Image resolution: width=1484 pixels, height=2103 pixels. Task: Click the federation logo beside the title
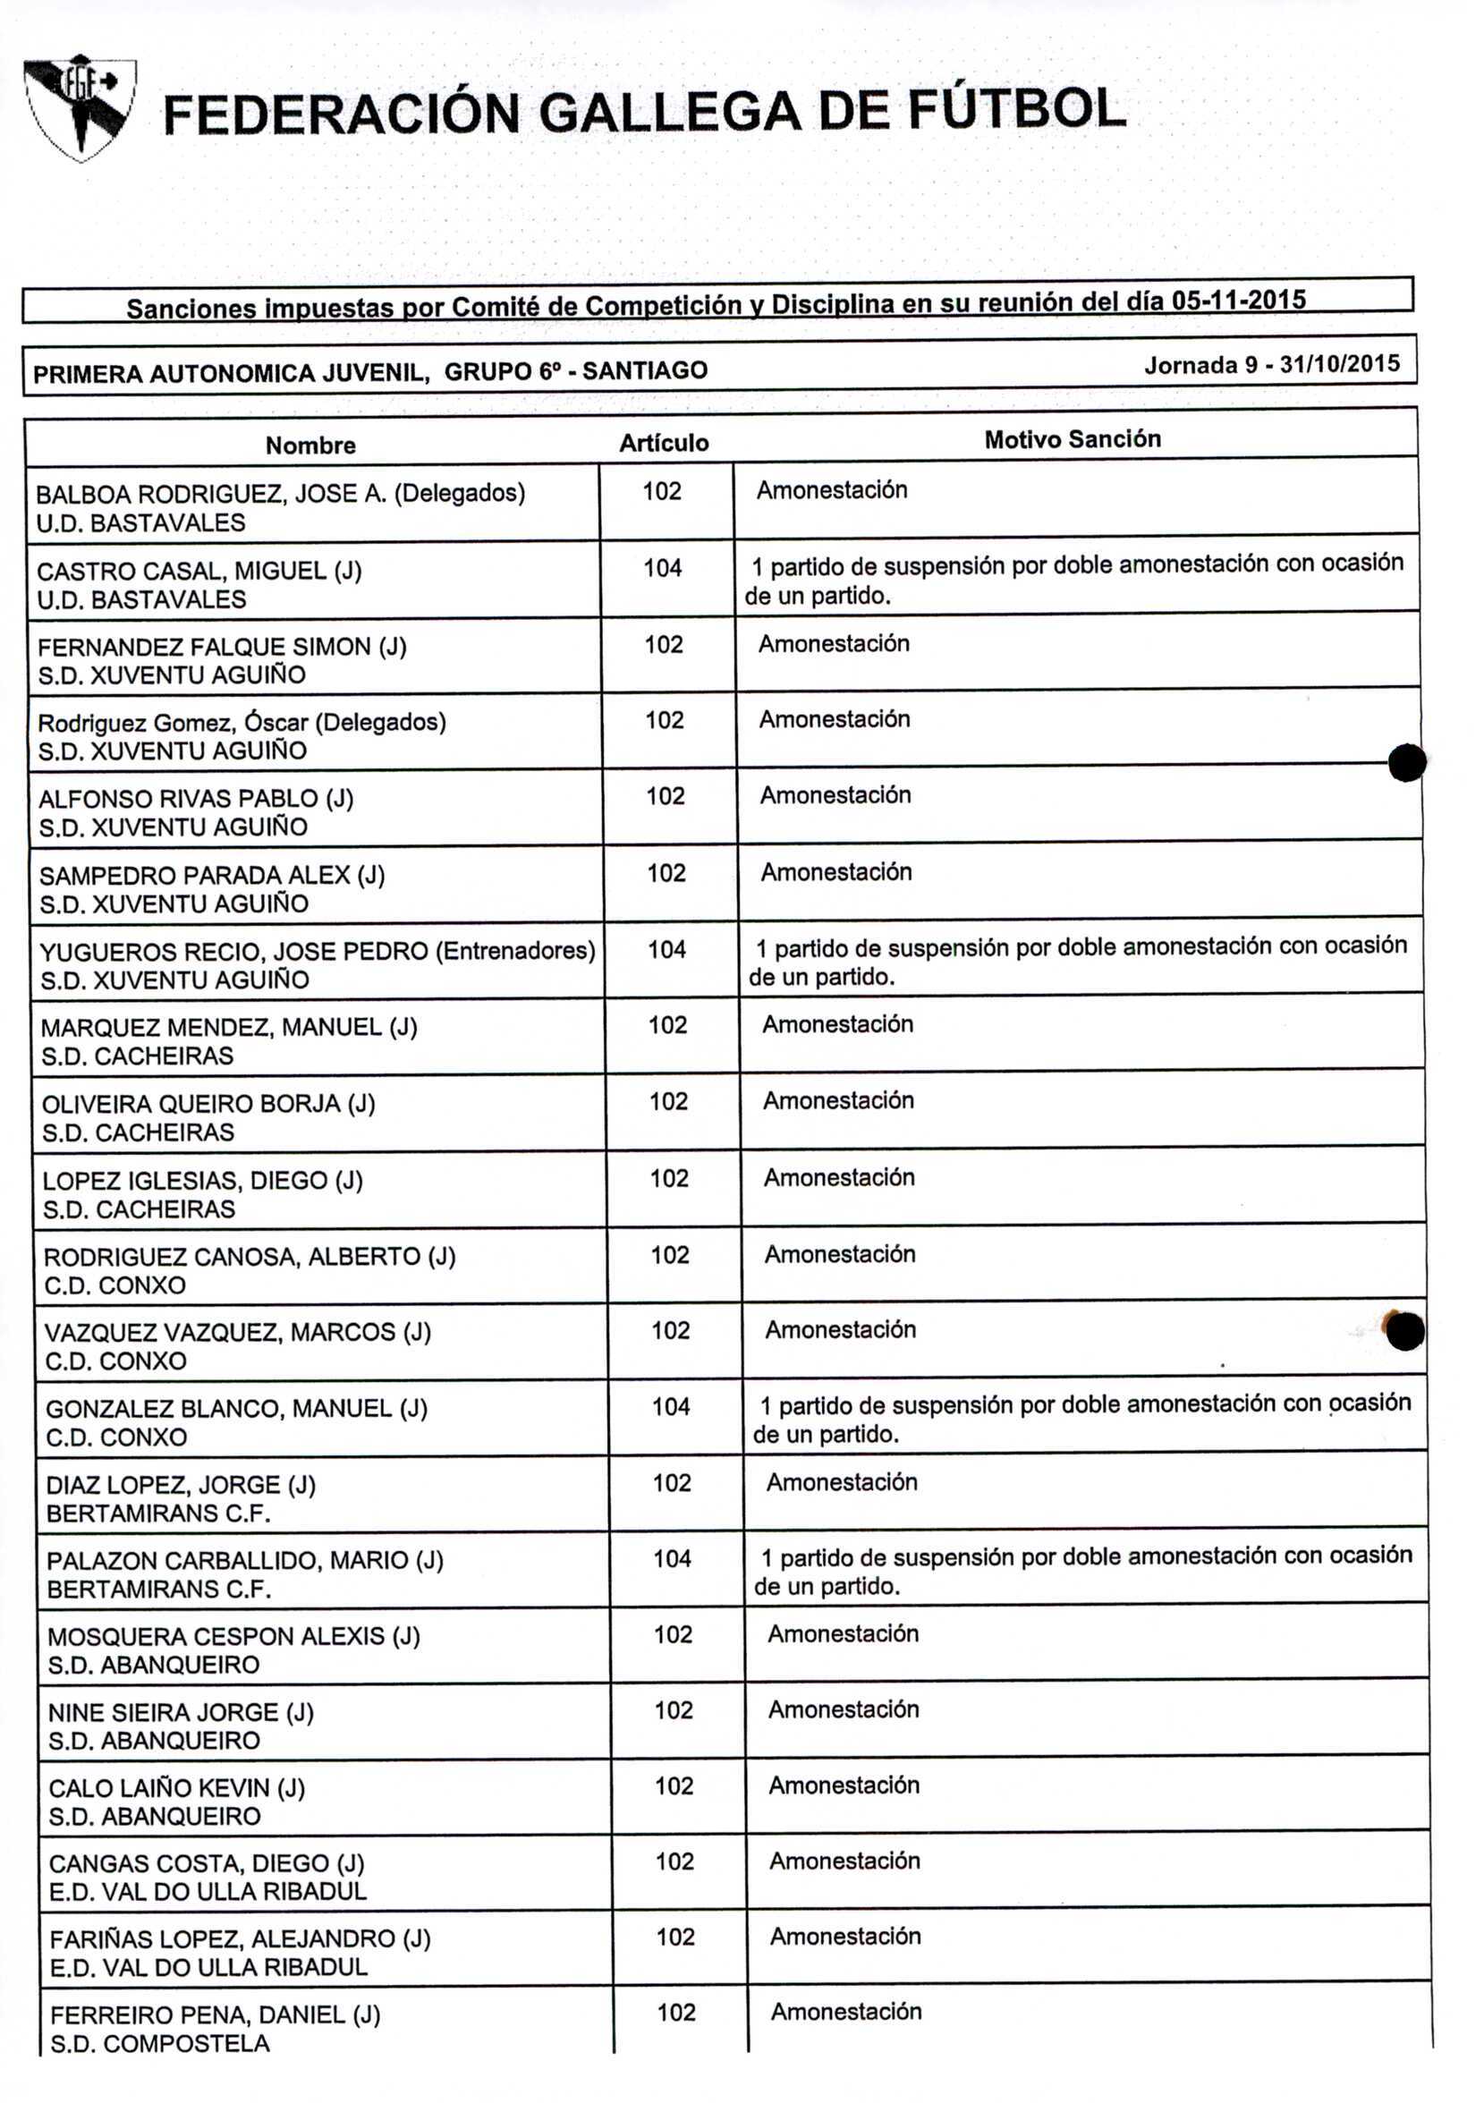pyautogui.click(x=81, y=108)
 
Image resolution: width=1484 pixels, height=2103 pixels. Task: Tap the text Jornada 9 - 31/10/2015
pyautogui.click(x=1271, y=365)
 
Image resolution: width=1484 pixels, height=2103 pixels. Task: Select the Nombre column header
pyautogui.click(x=310, y=445)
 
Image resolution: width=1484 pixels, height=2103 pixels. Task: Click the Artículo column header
pyautogui.click(x=663, y=444)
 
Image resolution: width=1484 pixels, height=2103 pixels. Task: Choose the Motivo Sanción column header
pyautogui.click(x=1072, y=439)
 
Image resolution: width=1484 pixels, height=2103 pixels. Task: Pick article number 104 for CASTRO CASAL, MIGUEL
pyautogui.click(x=662, y=569)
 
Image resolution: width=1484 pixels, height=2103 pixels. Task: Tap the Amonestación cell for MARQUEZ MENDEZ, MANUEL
pyautogui.click(x=837, y=1024)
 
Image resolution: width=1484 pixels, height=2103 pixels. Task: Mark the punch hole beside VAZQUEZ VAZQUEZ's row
pyautogui.click(x=1404, y=1331)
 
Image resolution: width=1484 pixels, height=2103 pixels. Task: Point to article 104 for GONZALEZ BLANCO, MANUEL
pyautogui.click(x=671, y=1407)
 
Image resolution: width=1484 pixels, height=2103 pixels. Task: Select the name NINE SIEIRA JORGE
pyautogui.click(x=181, y=1712)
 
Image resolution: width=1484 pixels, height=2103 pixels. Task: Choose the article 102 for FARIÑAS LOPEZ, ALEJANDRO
pyautogui.click(x=675, y=1937)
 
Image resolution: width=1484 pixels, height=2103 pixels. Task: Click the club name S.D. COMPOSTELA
pyautogui.click(x=159, y=2043)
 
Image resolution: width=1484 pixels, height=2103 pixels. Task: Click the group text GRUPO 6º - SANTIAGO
pyautogui.click(x=575, y=371)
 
